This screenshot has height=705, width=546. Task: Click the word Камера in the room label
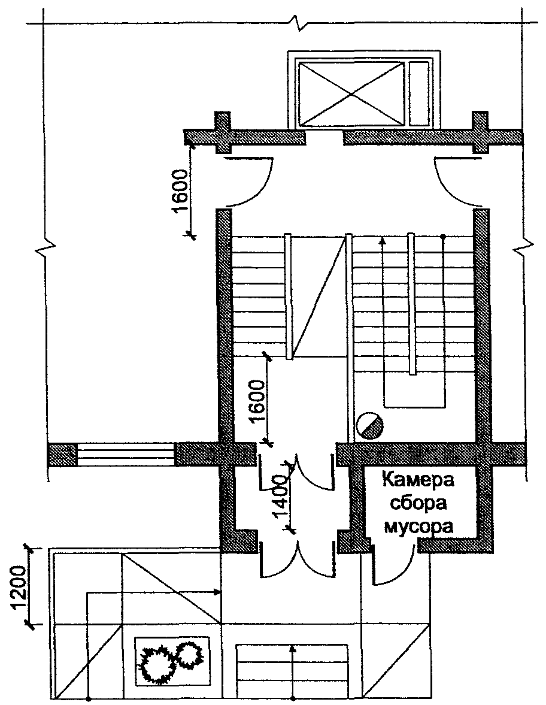coord(417,480)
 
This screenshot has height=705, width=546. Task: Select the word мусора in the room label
coord(417,525)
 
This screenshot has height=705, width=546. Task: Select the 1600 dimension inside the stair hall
coord(257,401)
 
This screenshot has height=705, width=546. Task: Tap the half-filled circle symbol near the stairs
coord(369,425)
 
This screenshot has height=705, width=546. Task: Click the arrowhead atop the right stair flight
coord(383,241)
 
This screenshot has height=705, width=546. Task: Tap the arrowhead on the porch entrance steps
coord(293,649)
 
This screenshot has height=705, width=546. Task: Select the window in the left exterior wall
coord(126,455)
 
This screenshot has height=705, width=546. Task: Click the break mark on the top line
coord(299,23)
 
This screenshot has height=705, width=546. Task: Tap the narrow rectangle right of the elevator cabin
coord(419,94)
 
